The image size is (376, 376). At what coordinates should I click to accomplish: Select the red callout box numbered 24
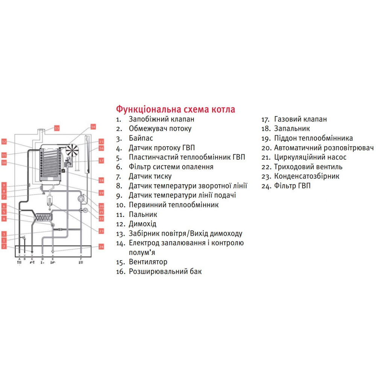(101, 247)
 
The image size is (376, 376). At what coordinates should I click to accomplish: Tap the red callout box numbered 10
(4, 163)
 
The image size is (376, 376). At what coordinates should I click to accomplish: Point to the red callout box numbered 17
(101, 161)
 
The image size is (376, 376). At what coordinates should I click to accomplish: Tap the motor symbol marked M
(85, 210)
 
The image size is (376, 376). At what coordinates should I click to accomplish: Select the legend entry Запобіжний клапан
(161, 119)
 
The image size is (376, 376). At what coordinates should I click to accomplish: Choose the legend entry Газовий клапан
(300, 119)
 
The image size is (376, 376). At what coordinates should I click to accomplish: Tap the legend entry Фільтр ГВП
(292, 186)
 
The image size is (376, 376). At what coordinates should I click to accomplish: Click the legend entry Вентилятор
(148, 262)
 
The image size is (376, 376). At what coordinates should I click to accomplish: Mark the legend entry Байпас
(141, 138)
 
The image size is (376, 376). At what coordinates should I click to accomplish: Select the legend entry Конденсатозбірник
(306, 176)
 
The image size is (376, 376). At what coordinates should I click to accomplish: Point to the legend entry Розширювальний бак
(165, 271)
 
